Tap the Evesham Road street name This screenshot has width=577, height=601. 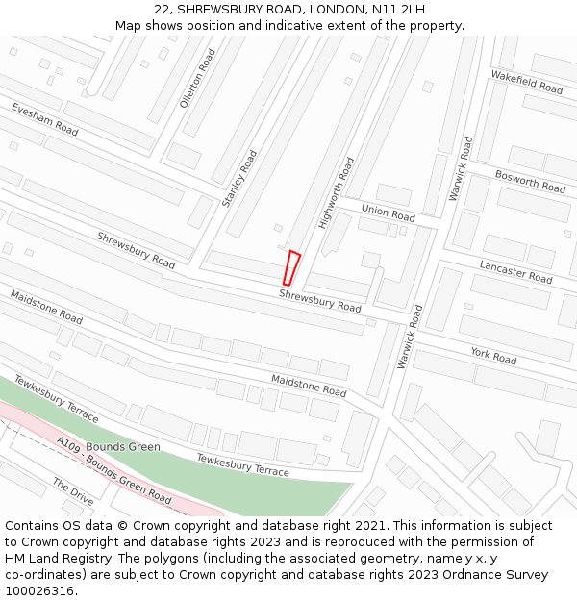[45, 120]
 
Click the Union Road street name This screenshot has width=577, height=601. [389, 212]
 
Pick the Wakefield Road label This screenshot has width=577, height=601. [526, 82]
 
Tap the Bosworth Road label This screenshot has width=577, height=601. [530, 181]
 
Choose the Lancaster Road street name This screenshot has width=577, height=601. [516, 271]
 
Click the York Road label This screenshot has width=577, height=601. [493, 356]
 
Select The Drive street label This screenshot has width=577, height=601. [73, 492]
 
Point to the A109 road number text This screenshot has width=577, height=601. [68, 445]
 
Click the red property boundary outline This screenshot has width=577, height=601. [291, 267]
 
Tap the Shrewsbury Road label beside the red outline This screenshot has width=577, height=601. [320, 300]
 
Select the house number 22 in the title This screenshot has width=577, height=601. [162, 9]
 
